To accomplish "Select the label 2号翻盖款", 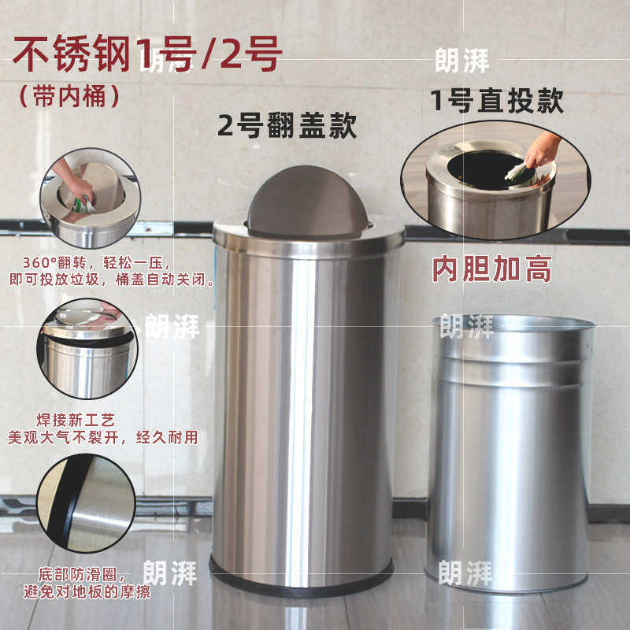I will point(287,125).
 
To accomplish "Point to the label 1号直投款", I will point(497,100).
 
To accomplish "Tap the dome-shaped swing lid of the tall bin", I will point(306,200).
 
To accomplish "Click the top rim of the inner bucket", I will point(513,322).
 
